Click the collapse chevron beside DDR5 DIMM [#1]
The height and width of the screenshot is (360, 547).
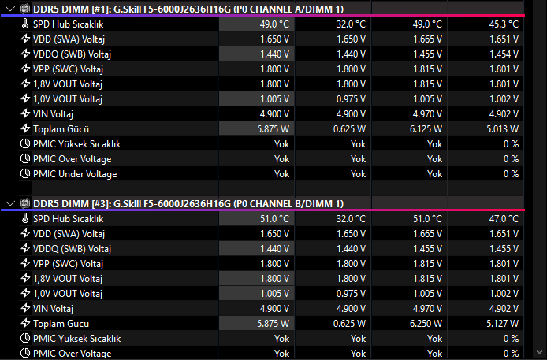point(10,9)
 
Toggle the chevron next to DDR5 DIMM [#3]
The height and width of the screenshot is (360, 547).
point(10,203)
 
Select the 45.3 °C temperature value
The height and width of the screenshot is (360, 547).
point(504,24)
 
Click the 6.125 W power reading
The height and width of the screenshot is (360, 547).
point(426,129)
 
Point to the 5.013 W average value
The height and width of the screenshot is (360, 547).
point(502,129)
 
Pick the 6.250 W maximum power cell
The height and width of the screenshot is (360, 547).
point(426,324)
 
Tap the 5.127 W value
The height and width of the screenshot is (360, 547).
point(502,324)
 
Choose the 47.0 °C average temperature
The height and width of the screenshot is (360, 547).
point(504,218)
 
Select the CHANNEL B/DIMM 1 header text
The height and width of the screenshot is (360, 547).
point(288,203)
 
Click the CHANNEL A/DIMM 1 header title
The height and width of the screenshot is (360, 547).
point(288,9)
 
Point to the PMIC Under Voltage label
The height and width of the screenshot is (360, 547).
point(75,174)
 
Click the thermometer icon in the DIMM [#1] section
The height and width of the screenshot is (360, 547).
point(24,24)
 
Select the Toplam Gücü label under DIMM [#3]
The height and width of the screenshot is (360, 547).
point(61,324)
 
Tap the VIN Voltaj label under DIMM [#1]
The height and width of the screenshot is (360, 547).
point(53,114)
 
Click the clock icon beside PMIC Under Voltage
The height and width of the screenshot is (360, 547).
point(25,173)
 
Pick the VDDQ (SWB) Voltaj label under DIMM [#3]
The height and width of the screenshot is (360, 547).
point(72,248)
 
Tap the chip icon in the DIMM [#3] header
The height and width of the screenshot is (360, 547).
point(24,203)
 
